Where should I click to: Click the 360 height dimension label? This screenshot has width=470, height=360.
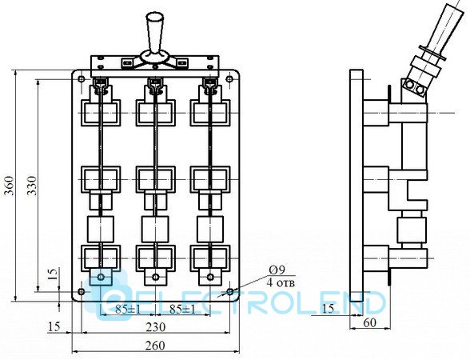coord(10,186)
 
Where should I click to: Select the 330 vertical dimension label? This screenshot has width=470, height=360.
coord(32,186)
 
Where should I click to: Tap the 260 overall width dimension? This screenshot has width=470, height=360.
coord(155,346)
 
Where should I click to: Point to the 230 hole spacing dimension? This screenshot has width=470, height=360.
coord(156,327)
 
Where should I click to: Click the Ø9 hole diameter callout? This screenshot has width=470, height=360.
coord(277,270)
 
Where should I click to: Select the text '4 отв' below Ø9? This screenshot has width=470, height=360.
coord(281,282)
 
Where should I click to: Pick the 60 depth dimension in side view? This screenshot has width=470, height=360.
coord(369,323)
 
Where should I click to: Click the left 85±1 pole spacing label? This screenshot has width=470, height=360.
coord(128,310)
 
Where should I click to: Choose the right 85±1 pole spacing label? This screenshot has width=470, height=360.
coord(182,310)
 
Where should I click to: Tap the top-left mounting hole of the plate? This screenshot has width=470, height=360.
coord(81,79)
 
